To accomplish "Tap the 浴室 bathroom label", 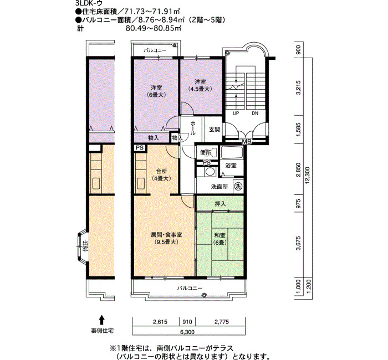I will [231, 166].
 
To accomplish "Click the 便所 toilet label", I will [206, 153].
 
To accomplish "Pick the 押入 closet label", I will [220, 204].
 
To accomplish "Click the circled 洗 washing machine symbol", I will [238, 186].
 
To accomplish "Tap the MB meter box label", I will [246, 142].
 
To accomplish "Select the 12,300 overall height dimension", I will [314, 174].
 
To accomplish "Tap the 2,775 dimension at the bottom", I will [221, 321].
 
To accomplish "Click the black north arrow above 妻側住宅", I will [102, 319].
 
